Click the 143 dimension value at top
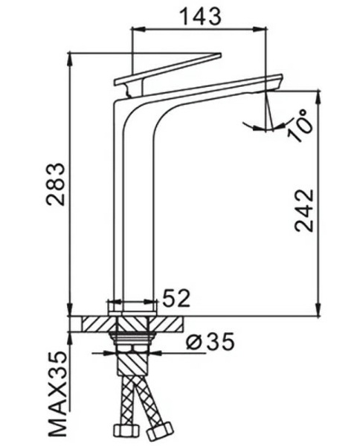click(x=199, y=16)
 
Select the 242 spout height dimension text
click(x=304, y=210)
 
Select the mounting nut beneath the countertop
click(x=134, y=343)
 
